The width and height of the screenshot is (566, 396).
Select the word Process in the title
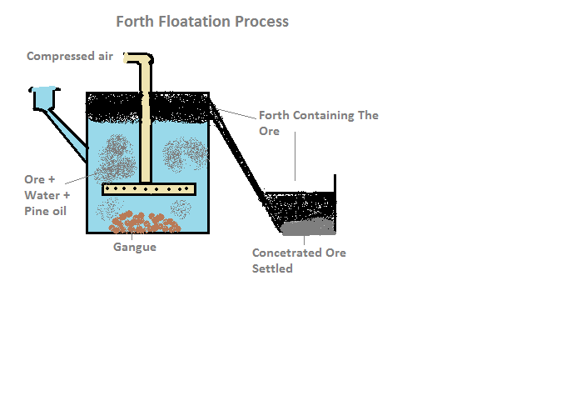click(x=261, y=22)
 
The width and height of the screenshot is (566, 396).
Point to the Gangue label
click(x=134, y=247)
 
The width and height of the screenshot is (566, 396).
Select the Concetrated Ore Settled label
click(x=299, y=260)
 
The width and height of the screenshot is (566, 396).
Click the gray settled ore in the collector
click(x=308, y=225)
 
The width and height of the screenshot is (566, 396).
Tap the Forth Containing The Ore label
click(x=318, y=123)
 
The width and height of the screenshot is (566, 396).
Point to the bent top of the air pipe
click(x=141, y=58)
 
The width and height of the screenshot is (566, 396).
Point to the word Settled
click(x=272, y=268)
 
